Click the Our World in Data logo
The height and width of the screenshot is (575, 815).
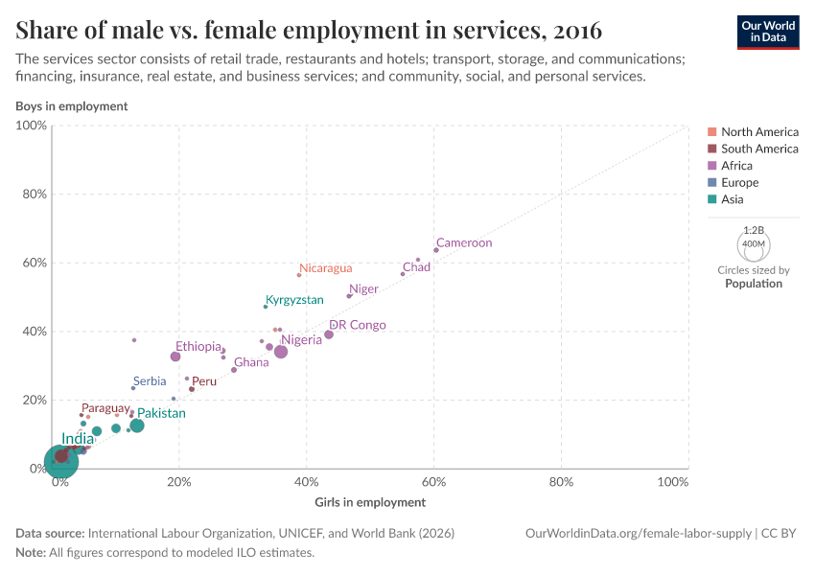coord(767,31)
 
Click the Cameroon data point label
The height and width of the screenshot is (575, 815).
coord(464,243)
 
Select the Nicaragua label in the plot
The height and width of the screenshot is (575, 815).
coord(326,268)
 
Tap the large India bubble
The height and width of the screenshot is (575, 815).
coord(60,461)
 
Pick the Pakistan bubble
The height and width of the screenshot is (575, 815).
coord(137,425)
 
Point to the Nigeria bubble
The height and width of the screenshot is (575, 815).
coord(281,352)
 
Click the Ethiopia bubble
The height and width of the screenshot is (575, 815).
coord(175,356)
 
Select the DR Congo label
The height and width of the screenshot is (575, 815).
coord(358,325)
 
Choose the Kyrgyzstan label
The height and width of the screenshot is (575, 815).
coord(294,300)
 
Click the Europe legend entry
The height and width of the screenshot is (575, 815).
coord(739,183)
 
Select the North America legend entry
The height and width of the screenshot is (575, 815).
coord(759,131)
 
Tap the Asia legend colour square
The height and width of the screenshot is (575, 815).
coord(712,200)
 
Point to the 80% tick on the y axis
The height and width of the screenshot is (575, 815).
coord(33,195)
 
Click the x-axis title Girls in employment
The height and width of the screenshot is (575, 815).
coord(370,502)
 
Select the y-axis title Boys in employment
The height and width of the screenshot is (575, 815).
coord(71,106)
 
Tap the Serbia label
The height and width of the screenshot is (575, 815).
coord(150,380)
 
